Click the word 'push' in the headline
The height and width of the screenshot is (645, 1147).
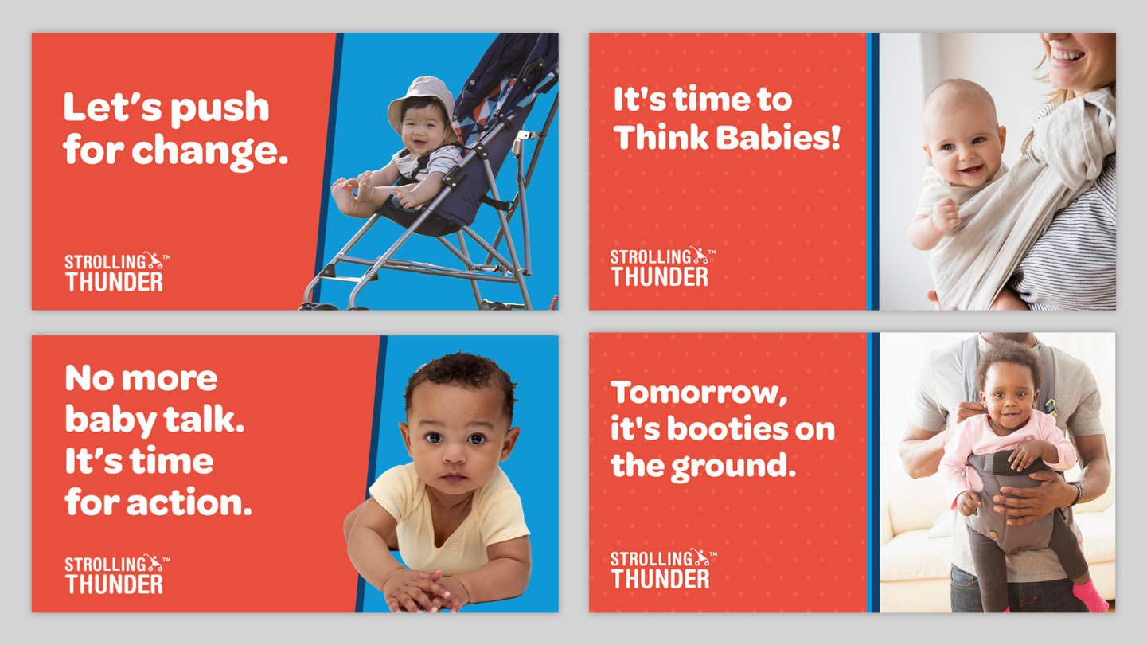click(x=220, y=108)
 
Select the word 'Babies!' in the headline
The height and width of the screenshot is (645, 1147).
click(x=778, y=137)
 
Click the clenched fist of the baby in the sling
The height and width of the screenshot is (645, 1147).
click(x=946, y=213)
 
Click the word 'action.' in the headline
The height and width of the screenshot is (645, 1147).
click(x=189, y=502)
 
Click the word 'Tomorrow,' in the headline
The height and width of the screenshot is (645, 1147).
click(x=699, y=393)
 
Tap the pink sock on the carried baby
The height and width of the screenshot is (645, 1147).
click(x=1090, y=595)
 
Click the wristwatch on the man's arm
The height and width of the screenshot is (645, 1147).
click(x=1078, y=492)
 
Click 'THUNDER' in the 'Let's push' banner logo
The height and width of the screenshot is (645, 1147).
click(x=114, y=282)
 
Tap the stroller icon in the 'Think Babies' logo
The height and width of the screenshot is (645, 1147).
click(x=700, y=255)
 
